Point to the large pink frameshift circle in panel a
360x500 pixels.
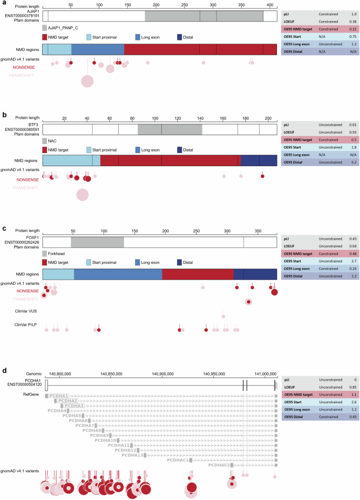point(87,81)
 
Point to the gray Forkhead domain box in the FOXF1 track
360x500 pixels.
point(97,242)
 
